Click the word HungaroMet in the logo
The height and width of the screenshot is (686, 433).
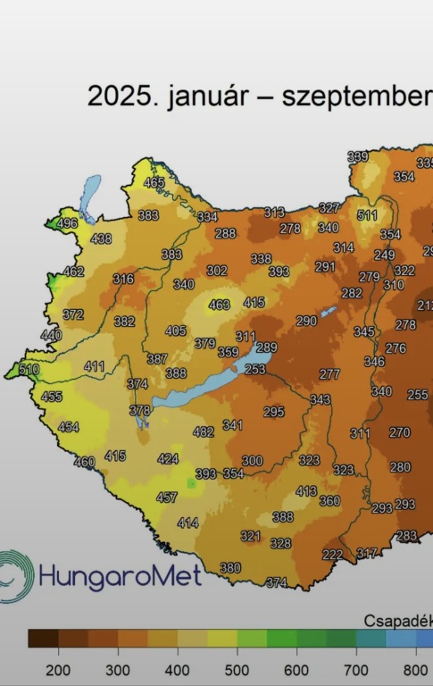(120, 574)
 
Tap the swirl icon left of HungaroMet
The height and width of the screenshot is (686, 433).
(16, 575)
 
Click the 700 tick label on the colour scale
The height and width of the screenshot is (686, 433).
(356, 670)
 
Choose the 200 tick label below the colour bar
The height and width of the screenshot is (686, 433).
(59, 670)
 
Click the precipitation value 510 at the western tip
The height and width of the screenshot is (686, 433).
(29, 370)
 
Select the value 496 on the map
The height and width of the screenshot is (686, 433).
(67, 223)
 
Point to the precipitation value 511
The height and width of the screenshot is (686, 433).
(367, 215)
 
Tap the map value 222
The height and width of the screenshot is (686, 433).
(332, 555)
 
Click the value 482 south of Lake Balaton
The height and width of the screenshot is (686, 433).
(204, 431)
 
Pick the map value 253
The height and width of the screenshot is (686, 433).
(255, 369)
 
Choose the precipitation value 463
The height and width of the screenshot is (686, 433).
(219, 305)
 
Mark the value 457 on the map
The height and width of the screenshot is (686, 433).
(167, 498)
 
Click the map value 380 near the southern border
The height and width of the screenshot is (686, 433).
(230, 568)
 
